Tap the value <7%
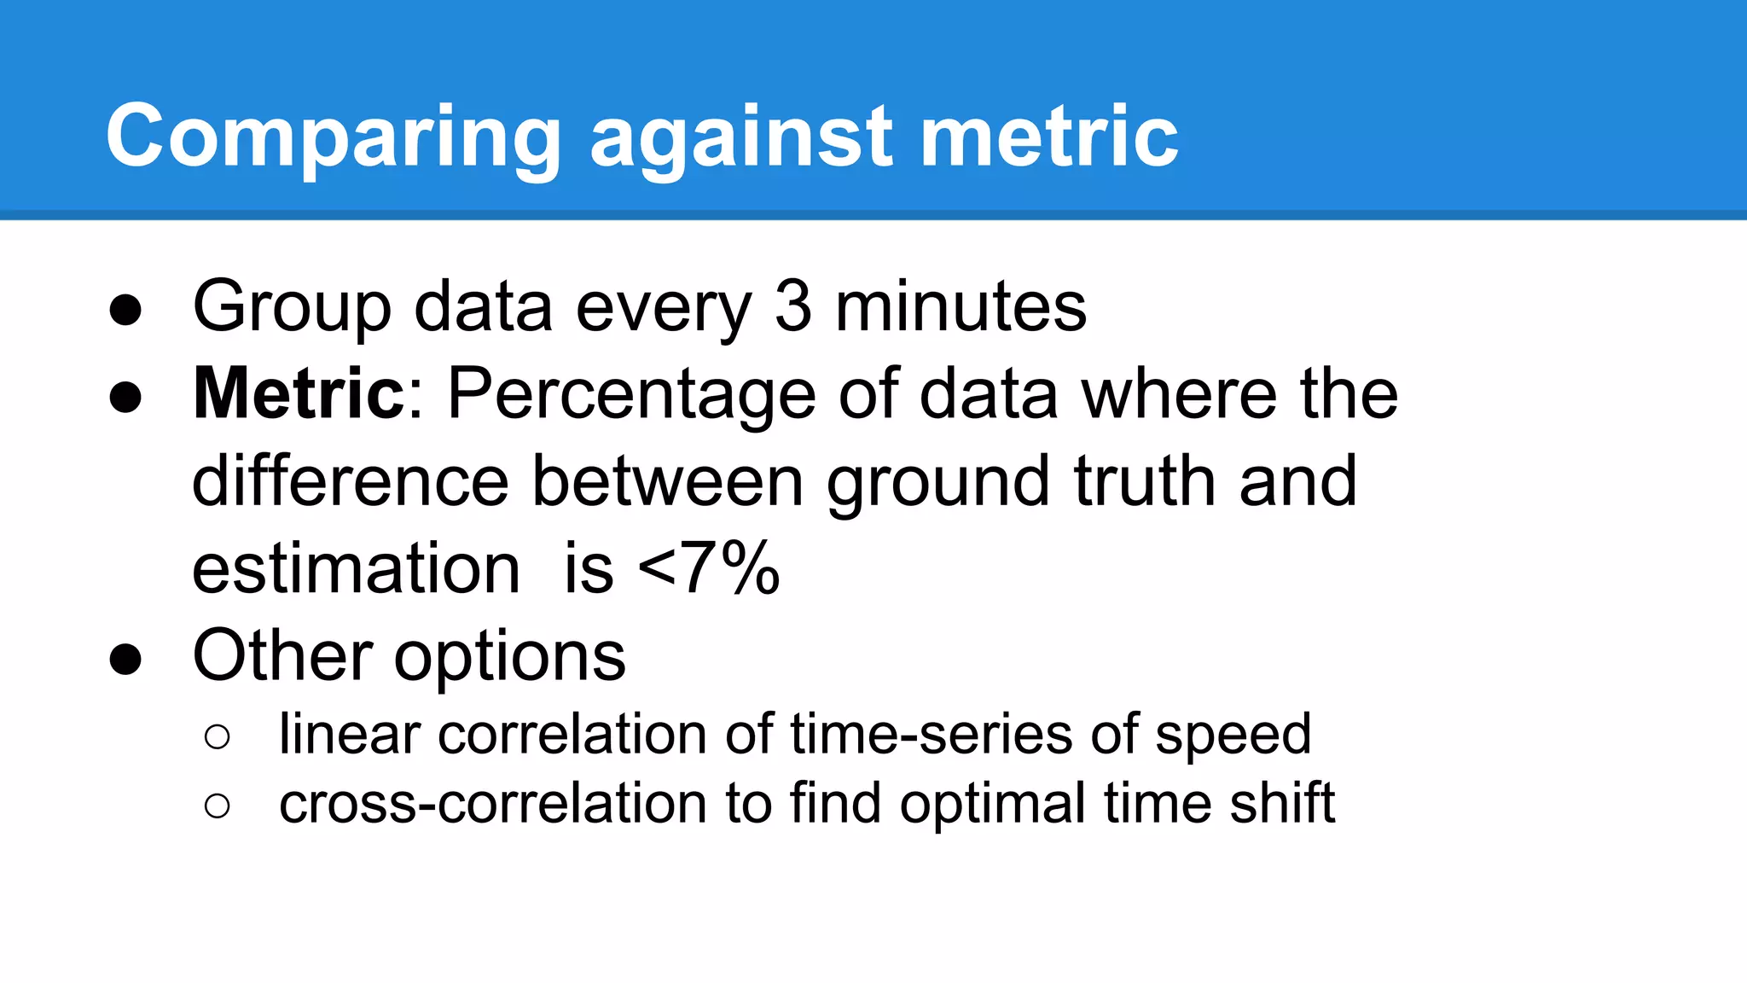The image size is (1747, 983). click(x=708, y=568)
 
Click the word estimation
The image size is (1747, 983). click(x=356, y=568)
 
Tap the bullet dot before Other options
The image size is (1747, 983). click(x=125, y=660)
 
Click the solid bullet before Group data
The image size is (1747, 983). click(x=125, y=310)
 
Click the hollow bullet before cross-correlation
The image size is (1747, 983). click(x=218, y=806)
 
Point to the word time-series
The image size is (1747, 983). click(x=930, y=734)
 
